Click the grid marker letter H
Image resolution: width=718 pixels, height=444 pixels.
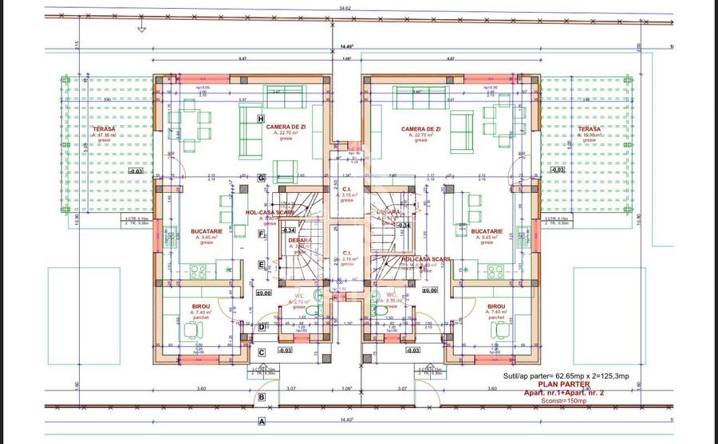(x=261, y=119)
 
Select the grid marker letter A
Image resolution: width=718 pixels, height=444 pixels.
(x=261, y=421)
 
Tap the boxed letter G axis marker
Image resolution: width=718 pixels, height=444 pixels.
(x=261, y=178)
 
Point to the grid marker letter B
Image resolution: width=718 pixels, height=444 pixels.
(x=261, y=396)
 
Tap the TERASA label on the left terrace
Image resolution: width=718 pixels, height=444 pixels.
(x=104, y=128)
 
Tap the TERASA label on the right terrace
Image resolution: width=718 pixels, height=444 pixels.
(x=590, y=128)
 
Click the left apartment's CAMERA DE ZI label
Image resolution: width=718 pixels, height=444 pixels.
(x=286, y=128)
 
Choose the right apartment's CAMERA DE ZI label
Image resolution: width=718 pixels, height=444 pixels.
(x=421, y=128)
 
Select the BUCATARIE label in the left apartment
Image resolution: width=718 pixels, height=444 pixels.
(x=207, y=232)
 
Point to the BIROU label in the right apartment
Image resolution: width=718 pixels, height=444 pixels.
(x=496, y=306)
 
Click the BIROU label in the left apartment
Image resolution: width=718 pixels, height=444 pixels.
(x=201, y=306)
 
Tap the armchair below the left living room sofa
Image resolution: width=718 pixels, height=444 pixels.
(x=286, y=170)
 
